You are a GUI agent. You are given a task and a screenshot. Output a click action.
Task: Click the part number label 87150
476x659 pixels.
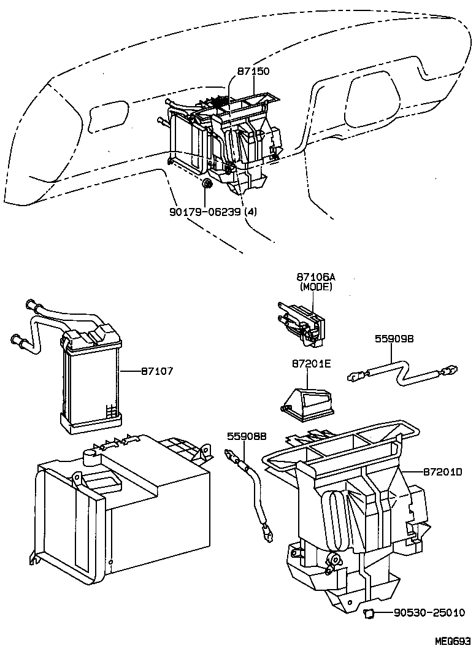coord(253,71)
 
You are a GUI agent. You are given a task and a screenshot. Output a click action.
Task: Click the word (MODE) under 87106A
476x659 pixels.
coord(315,287)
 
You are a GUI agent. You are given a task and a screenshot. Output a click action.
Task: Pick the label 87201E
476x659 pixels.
coord(311,364)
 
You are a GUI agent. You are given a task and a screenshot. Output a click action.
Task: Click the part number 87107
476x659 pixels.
coord(157,371)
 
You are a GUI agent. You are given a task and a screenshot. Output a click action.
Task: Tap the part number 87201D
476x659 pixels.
coord(442,471)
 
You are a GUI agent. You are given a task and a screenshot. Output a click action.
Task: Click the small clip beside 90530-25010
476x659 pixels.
coord(370,612)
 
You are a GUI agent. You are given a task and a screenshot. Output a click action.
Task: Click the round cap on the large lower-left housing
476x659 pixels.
coord(91,456)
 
